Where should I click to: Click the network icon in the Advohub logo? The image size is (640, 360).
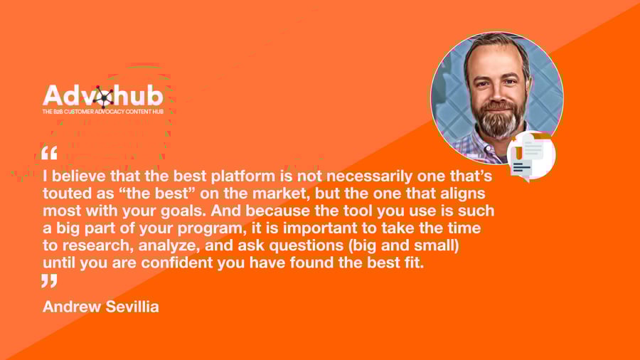coord(103,97)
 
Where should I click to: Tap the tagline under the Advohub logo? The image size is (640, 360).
coord(103,112)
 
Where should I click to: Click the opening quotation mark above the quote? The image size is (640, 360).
coord(49,153)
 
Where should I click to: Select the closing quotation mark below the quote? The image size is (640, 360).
coord(49,281)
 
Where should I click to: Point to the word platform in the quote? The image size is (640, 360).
coord(243,176)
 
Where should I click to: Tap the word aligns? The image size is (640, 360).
coord(462,194)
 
